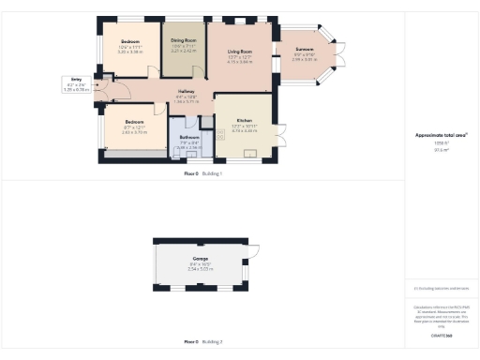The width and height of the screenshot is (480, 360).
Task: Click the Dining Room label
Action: [184, 40]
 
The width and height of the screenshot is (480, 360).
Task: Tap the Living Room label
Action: [240, 52]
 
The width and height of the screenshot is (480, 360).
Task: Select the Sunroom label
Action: [305, 48]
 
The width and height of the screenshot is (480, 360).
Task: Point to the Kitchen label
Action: [244, 122]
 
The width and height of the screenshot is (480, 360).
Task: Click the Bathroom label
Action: [188, 137]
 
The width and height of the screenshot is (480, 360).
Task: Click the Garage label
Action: [200, 258]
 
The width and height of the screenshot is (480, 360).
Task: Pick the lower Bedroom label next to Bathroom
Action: [135, 122]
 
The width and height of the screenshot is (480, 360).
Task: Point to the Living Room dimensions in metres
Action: [240, 62]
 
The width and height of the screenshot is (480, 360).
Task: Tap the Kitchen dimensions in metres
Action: [244, 132]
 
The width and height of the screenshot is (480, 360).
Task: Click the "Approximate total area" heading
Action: [441, 135]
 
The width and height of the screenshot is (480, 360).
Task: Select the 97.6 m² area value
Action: [441, 148]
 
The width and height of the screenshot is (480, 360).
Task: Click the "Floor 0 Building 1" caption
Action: [202, 173]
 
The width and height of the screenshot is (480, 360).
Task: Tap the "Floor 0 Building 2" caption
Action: [202, 341]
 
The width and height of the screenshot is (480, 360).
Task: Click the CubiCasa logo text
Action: [441, 334]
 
